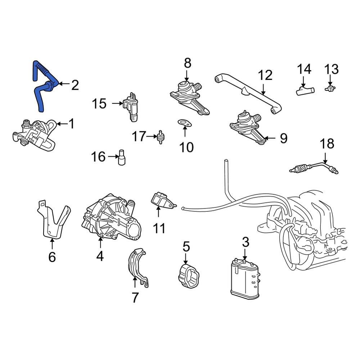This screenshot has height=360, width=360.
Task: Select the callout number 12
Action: click(x=265, y=75)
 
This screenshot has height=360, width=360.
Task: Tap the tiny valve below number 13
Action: click(x=330, y=88)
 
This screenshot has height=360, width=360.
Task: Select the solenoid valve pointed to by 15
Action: click(x=131, y=107)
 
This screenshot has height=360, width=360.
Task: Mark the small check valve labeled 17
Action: click(x=161, y=137)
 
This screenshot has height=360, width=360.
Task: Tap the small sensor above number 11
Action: click(x=163, y=201)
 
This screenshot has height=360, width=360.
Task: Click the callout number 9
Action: click(x=284, y=139)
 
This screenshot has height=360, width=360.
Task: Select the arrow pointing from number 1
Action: click(x=62, y=124)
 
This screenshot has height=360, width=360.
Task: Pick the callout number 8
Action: click(x=187, y=63)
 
